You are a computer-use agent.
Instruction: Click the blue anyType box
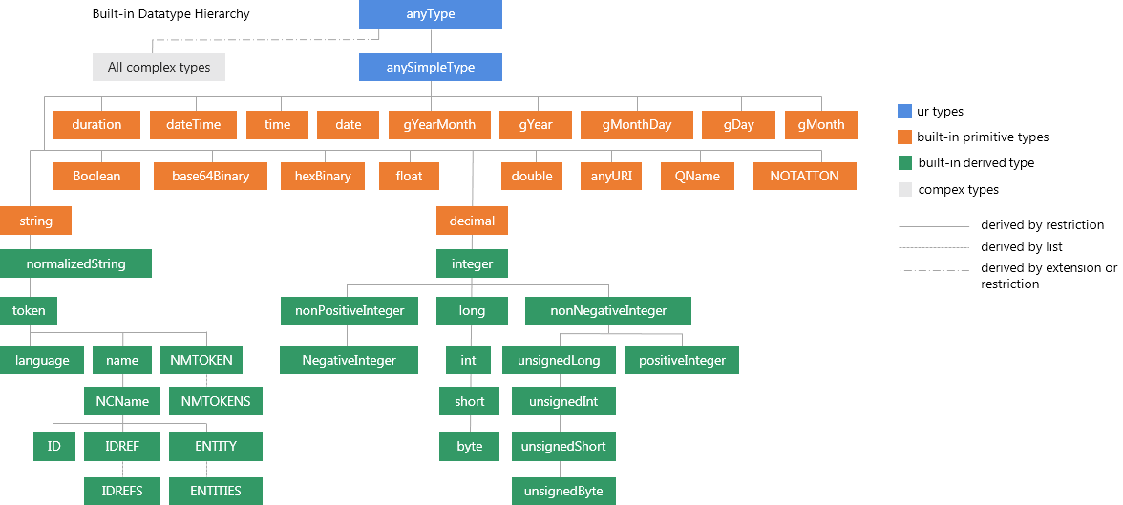pos(430,14)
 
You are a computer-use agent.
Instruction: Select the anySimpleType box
pos(430,67)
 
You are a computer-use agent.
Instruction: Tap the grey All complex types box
pos(159,67)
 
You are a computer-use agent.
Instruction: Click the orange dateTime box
pos(193,125)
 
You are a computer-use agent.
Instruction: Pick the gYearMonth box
pos(439,125)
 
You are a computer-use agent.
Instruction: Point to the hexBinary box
pos(323,176)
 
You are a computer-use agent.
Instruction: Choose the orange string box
pos(35,221)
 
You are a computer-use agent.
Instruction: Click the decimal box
pos(472,221)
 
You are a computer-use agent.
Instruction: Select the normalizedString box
pos(75,263)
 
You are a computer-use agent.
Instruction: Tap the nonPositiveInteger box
pos(349,310)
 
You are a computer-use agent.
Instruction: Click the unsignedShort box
pos(563,446)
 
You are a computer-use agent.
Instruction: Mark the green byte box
pos(469,446)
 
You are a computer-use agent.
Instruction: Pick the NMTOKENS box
pos(216,401)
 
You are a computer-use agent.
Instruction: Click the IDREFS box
pos(122,491)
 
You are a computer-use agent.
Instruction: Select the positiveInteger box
pos(682,360)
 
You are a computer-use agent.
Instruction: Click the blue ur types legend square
pos(905,112)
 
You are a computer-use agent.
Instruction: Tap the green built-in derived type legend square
pos(905,163)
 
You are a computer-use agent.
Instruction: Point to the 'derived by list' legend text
pos(1021,247)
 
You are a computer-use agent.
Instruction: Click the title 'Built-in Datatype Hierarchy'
pos(164,15)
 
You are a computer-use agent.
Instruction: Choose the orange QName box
pos(697,176)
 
